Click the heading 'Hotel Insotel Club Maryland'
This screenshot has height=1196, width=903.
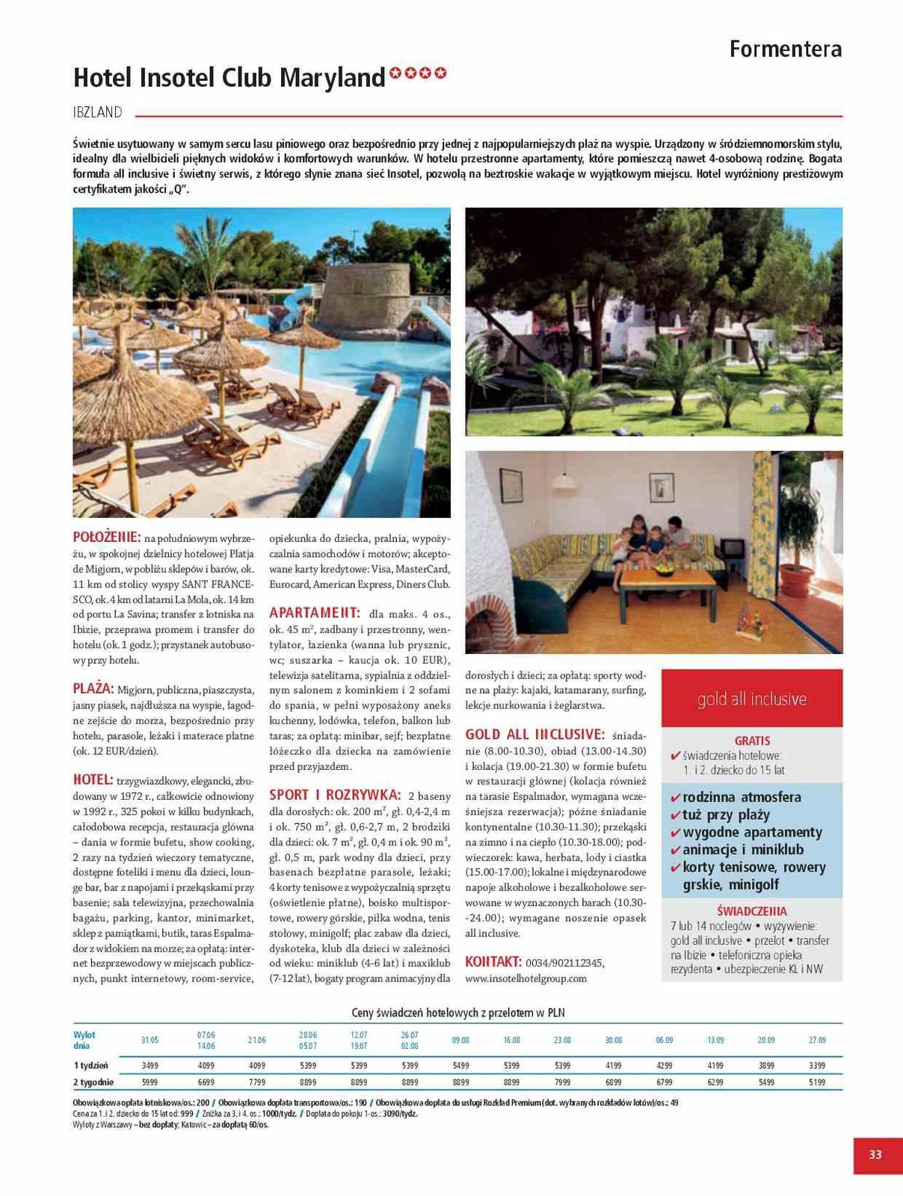click(x=229, y=78)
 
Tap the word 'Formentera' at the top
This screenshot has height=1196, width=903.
click(x=785, y=49)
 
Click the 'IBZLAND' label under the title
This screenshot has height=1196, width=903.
click(x=97, y=113)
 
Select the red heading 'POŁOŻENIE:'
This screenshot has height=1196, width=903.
click(x=106, y=537)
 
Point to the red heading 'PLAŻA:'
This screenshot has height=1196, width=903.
click(x=93, y=688)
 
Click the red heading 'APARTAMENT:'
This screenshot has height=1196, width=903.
click(x=315, y=613)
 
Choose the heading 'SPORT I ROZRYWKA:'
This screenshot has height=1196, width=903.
click(x=335, y=795)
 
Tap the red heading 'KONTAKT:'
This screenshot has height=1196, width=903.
click(x=493, y=961)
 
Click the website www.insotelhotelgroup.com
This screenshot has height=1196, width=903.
click(x=526, y=978)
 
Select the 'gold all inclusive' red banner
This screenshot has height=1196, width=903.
click(x=751, y=699)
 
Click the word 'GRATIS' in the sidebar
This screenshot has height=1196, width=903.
click(x=752, y=741)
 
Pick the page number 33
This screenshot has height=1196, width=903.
click(x=875, y=1154)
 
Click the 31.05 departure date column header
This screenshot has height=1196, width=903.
click(x=150, y=1040)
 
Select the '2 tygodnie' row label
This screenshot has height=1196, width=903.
click(x=93, y=1082)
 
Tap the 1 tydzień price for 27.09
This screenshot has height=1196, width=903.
click(x=817, y=1065)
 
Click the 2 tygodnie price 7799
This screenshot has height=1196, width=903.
click(x=256, y=1082)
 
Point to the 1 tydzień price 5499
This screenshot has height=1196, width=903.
click(x=460, y=1065)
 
